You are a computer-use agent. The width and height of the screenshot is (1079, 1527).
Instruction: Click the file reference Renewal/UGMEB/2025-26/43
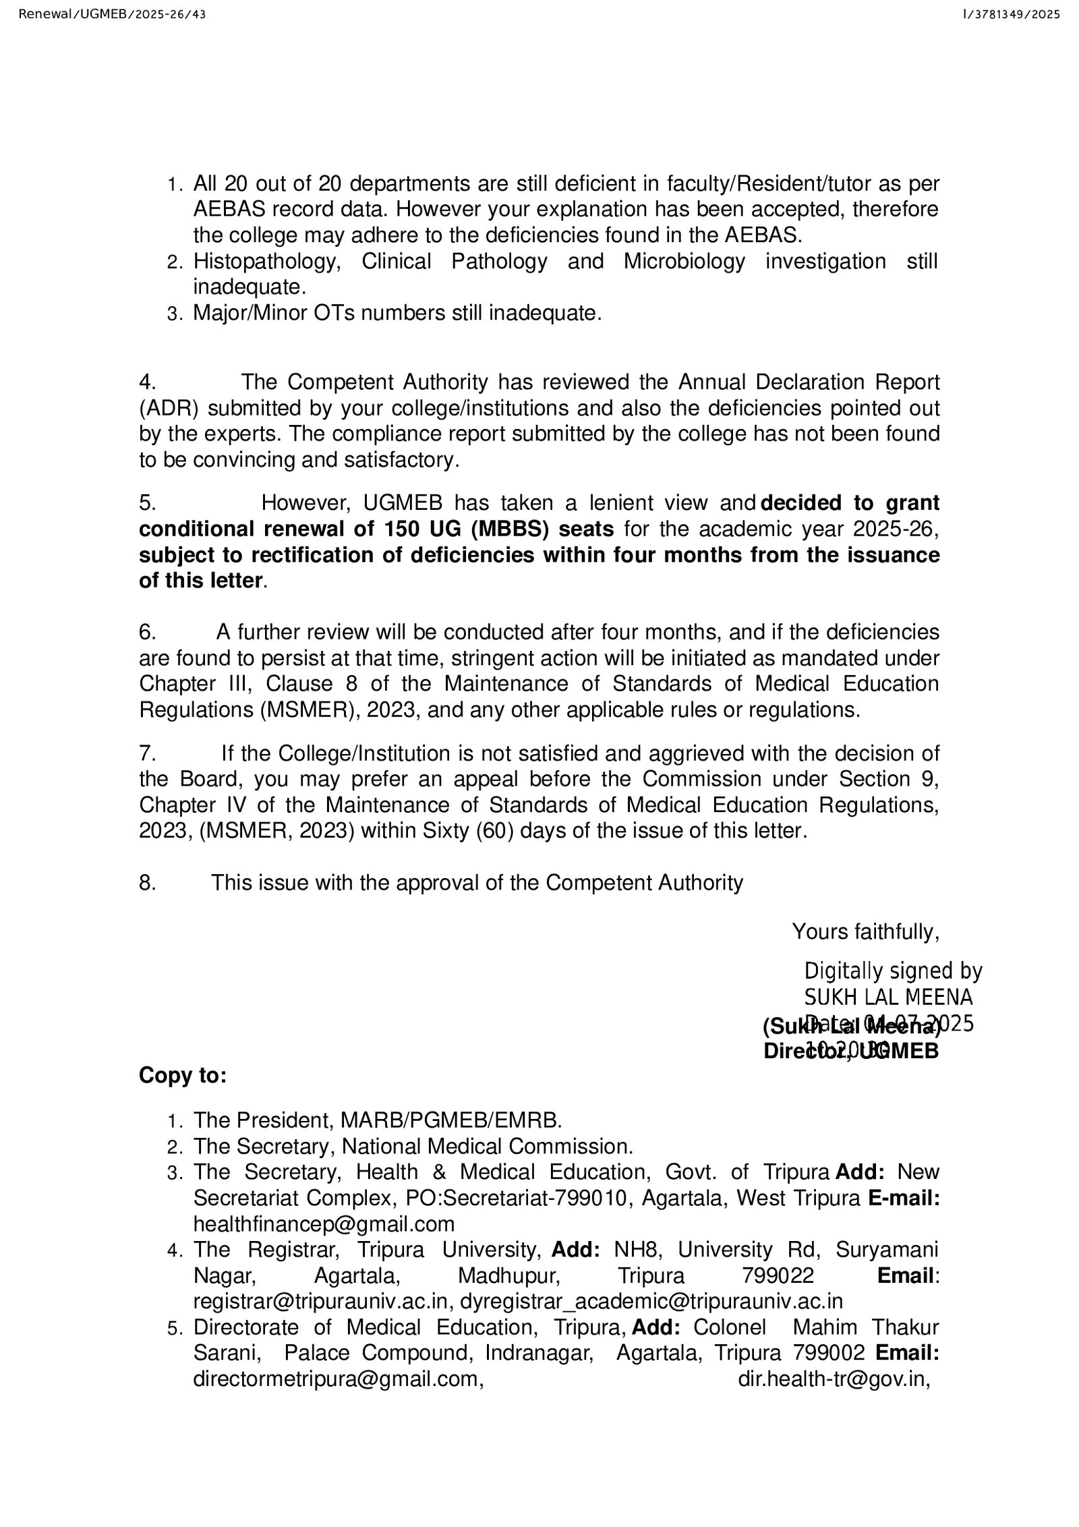click(112, 14)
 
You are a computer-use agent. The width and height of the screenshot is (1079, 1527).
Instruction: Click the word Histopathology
click(267, 261)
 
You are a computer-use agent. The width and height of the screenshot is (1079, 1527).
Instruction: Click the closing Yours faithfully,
click(865, 931)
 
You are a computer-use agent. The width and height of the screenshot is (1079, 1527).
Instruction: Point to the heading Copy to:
click(183, 1075)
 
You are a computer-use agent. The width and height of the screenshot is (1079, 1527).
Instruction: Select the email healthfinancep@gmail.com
click(324, 1223)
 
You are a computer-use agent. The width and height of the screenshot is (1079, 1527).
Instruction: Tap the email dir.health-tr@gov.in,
click(834, 1379)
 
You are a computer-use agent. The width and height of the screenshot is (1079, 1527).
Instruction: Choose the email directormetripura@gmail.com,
click(339, 1379)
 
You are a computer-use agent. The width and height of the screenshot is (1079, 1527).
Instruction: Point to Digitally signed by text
click(893, 971)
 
